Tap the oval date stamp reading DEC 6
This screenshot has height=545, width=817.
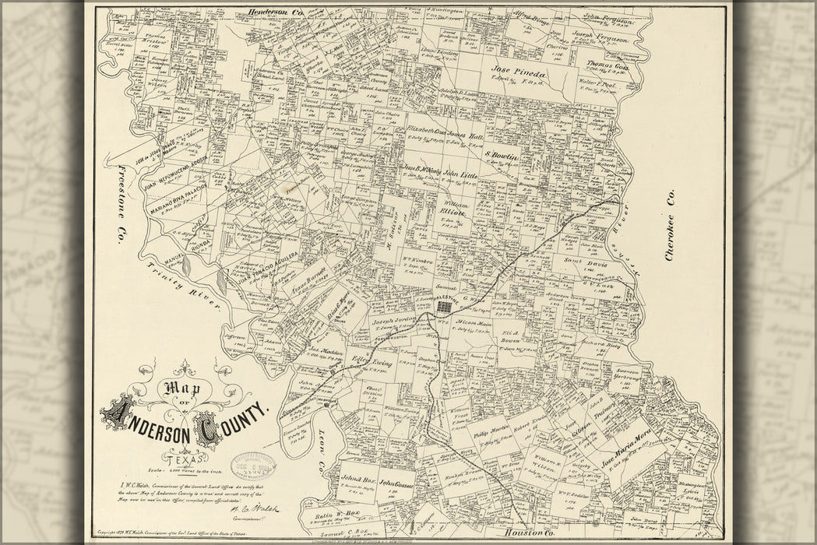(x=252, y=465)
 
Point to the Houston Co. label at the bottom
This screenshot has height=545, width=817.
(x=529, y=533)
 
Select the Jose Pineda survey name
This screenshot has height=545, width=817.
(x=519, y=71)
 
